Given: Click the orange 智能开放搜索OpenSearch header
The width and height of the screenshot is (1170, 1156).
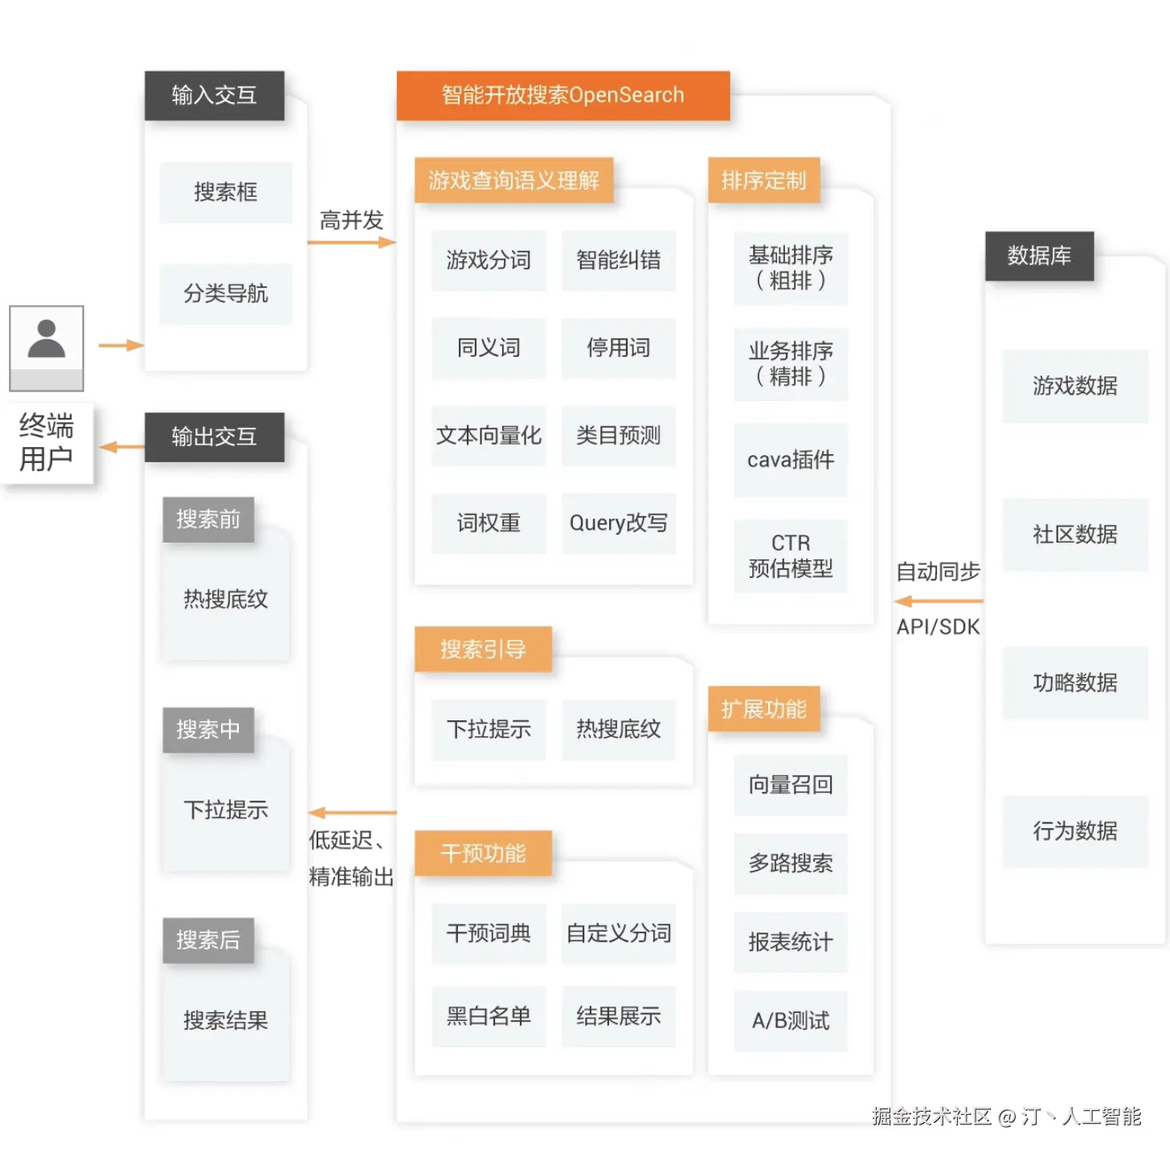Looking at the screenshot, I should [562, 96].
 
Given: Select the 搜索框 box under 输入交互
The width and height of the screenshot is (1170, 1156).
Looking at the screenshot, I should [226, 192].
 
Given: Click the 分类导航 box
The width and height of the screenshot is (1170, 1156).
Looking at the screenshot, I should [226, 293].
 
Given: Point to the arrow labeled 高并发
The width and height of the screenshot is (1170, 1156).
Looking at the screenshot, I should [351, 242].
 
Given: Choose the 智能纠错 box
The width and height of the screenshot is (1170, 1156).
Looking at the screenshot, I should [618, 260].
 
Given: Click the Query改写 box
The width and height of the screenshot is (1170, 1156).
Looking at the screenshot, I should [618, 523].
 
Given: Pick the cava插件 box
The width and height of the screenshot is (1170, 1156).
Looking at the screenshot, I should [791, 460].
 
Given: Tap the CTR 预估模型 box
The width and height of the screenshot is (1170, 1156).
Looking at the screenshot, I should [791, 555].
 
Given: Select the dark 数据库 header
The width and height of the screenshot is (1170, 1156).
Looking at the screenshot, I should [1039, 256].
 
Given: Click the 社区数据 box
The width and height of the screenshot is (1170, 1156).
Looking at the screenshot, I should [1075, 535].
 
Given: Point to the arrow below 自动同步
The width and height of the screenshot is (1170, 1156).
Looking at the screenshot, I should [938, 601].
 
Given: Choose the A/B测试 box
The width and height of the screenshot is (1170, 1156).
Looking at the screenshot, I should [791, 1021].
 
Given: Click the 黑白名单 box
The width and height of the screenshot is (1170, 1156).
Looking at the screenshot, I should [489, 1016].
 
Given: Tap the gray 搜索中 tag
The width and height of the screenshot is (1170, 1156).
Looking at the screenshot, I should [208, 730].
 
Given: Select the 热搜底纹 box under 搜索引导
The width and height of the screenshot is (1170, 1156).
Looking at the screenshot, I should [618, 729].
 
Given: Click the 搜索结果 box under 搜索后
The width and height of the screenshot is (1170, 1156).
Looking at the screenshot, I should [226, 1020].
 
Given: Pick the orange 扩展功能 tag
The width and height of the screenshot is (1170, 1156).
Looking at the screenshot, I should [763, 709].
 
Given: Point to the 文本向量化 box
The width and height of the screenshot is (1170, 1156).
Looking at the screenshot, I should [489, 436].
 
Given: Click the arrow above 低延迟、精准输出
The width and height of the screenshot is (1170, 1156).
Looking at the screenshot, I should [352, 813].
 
